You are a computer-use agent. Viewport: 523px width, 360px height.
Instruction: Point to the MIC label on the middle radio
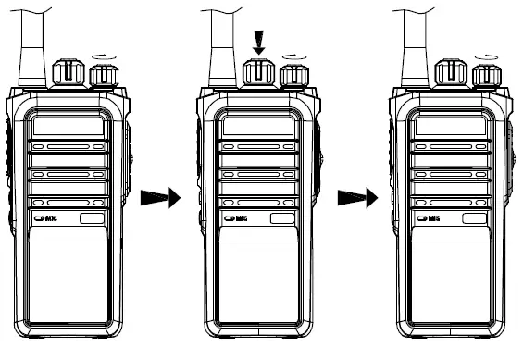[238, 218]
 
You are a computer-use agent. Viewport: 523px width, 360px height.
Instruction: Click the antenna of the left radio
[31, 42]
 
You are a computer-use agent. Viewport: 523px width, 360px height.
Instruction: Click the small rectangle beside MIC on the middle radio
[281, 218]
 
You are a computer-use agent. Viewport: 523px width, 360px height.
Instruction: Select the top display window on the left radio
[68, 126]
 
